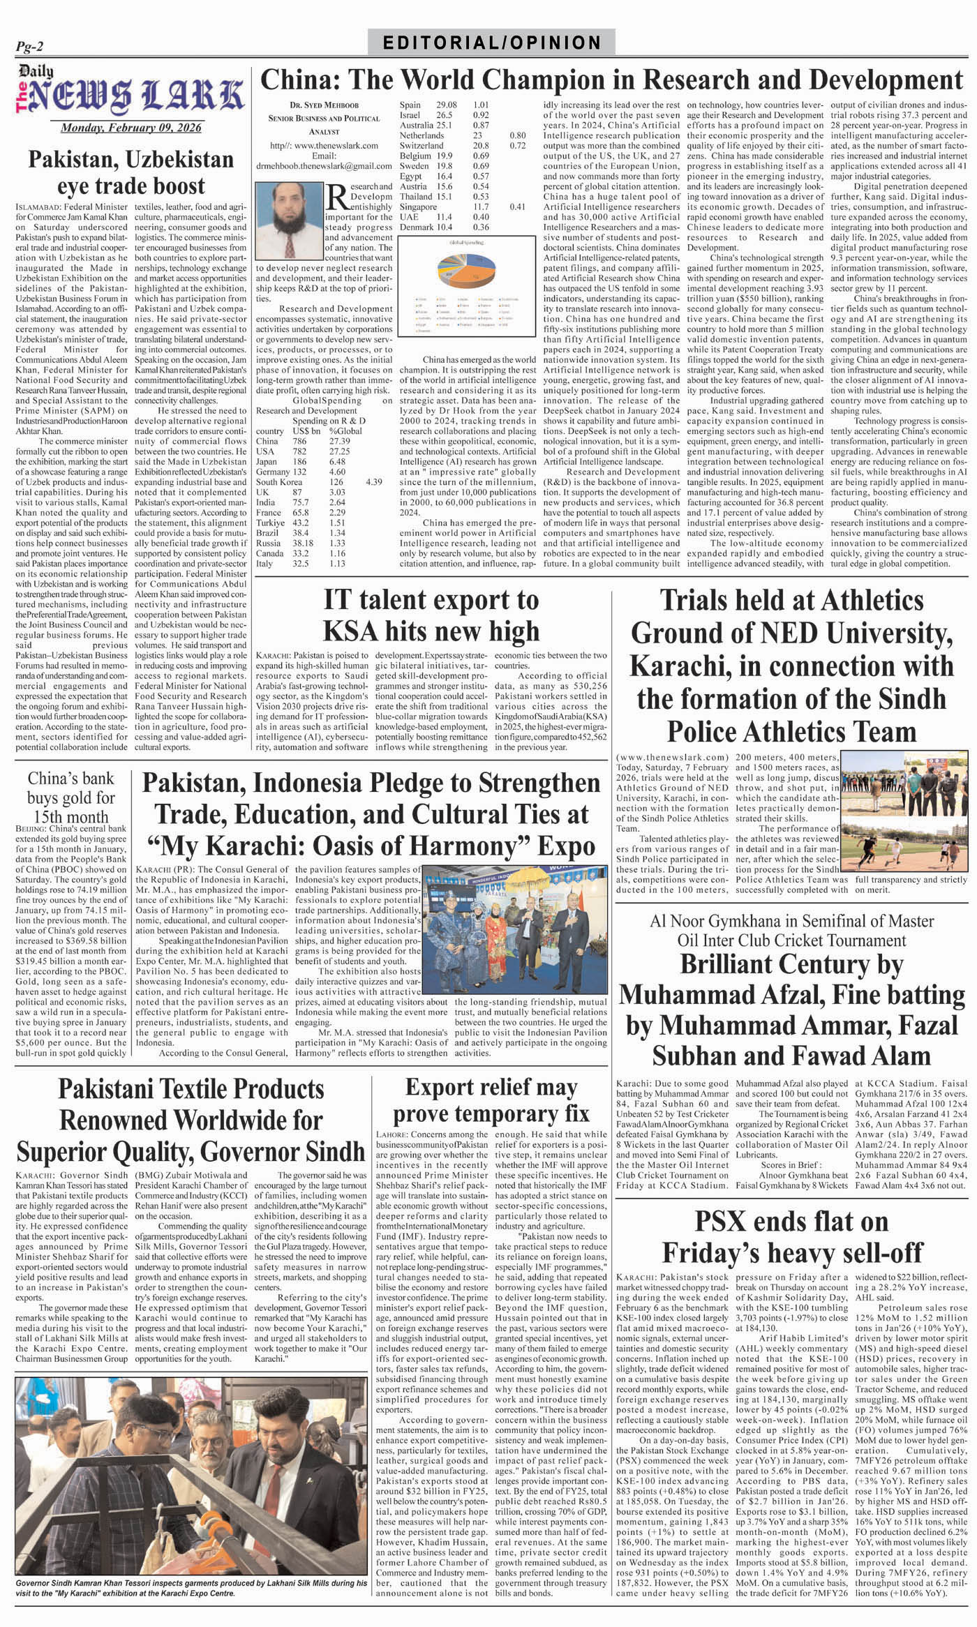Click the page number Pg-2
30,46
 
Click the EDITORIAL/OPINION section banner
492,43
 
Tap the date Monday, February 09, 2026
130,128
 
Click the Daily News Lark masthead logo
130,93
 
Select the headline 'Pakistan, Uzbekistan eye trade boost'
130,172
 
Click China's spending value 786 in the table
299,441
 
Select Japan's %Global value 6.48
339,461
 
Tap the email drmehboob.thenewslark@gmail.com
322,166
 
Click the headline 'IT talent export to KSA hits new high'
431,615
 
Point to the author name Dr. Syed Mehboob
322,105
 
